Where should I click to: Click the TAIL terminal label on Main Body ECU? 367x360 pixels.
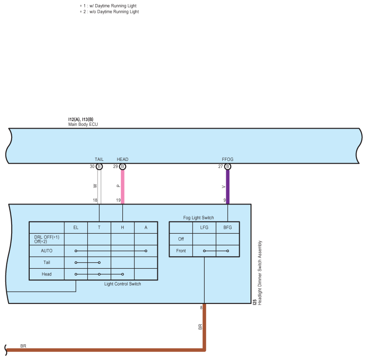(99, 159)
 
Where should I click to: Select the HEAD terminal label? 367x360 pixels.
(122, 159)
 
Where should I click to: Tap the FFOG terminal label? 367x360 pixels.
(228, 159)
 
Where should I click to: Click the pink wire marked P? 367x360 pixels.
(122, 187)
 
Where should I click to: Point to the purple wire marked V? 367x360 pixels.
(228, 187)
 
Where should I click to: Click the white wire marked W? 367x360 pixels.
(99, 187)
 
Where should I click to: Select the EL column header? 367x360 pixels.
(76, 227)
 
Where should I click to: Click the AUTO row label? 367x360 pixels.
(47, 251)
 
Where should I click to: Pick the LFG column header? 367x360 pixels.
(204, 227)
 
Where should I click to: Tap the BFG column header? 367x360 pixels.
(228, 227)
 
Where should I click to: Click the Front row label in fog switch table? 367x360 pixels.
(181, 251)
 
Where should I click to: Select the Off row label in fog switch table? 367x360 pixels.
(181, 239)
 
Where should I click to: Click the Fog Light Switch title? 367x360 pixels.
(198, 218)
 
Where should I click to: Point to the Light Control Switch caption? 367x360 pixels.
(123, 284)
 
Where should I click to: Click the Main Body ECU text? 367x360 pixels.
(83, 124)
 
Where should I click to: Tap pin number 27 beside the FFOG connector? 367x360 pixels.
(220, 167)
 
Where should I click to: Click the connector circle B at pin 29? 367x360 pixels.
(122, 167)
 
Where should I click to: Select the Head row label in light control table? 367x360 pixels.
(47, 274)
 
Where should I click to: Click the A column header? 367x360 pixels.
(146, 227)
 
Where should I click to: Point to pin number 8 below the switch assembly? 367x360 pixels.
(201, 308)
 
